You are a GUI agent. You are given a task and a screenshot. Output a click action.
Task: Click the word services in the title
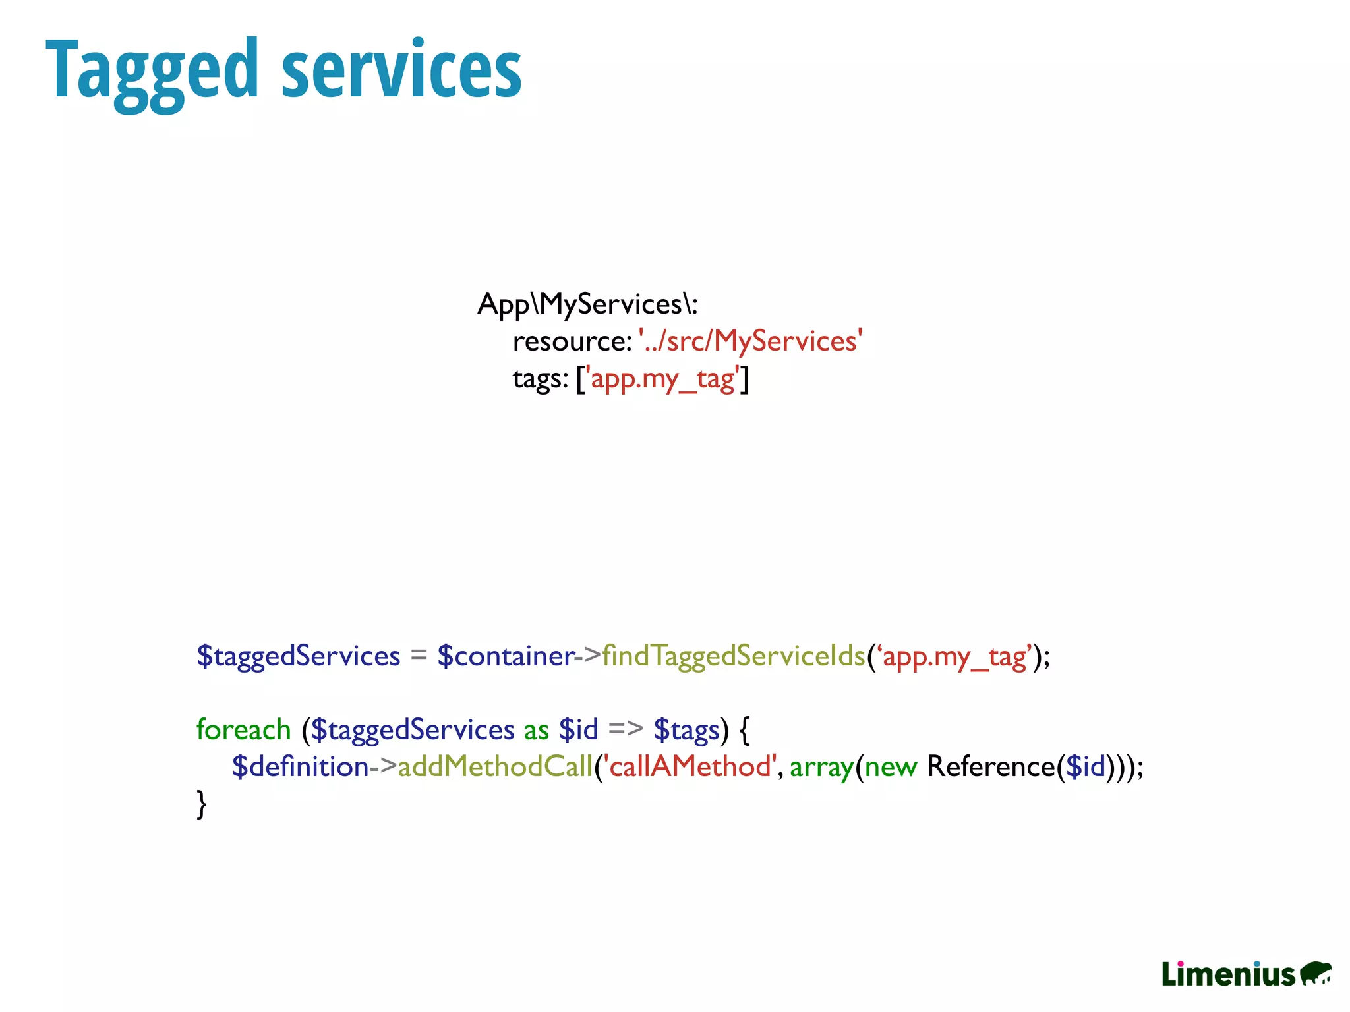401,69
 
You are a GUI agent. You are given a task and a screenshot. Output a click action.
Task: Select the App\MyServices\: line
587,304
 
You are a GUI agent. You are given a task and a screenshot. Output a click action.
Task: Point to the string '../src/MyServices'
751,341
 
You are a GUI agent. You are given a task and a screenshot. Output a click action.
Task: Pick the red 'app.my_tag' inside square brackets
662,379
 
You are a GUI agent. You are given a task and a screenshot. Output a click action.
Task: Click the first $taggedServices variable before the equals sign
299,656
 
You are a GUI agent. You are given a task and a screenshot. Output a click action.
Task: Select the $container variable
506,656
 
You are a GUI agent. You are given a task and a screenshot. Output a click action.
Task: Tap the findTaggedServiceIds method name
733,656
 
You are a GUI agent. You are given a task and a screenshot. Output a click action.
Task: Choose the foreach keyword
243,730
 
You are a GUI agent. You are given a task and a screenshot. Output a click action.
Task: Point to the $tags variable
686,730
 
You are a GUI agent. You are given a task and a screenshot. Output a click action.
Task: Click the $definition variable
300,767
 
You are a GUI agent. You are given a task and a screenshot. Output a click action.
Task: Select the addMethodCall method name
495,767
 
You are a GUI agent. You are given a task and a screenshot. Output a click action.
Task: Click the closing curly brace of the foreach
202,804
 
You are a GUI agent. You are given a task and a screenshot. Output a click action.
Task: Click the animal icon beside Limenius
1314,973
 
